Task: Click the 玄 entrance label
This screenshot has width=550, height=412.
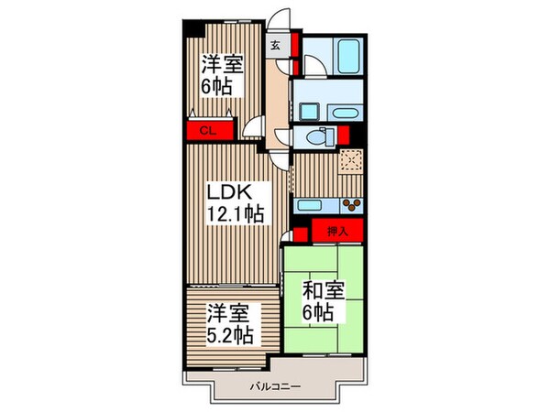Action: tap(276, 43)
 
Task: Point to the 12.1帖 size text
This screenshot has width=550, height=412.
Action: tap(236, 214)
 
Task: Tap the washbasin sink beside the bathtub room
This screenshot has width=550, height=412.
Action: tap(307, 111)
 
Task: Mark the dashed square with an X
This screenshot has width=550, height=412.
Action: tap(350, 162)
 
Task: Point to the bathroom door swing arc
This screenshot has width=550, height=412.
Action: tap(312, 66)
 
